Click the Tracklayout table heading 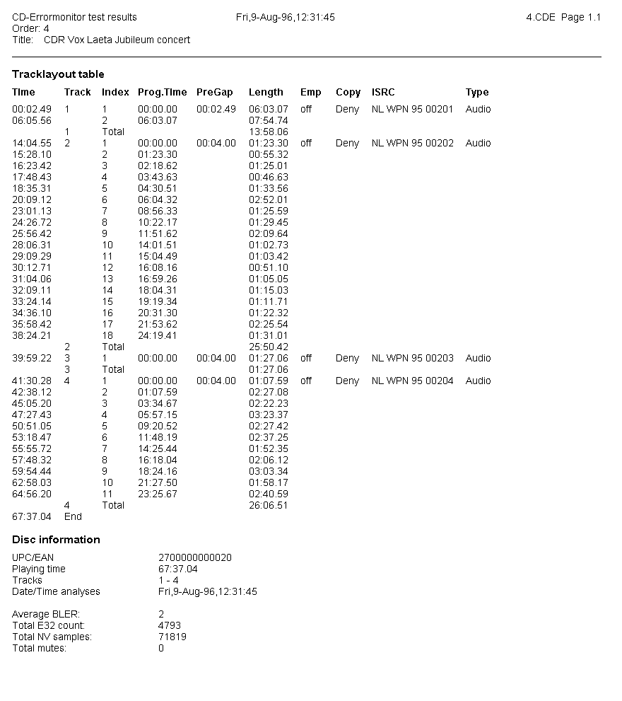point(58,74)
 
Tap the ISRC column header point(383,92)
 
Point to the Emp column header point(310,92)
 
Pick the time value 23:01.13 point(32,211)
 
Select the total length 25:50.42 point(269,347)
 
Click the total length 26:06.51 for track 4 point(269,505)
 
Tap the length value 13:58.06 point(269,132)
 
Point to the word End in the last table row point(73,516)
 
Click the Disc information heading point(56,540)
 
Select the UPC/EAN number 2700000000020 point(195,557)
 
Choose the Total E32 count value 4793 point(170,625)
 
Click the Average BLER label point(46,614)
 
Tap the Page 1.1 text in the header point(581,17)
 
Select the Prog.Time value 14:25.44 point(158,448)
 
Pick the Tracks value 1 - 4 point(168,580)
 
